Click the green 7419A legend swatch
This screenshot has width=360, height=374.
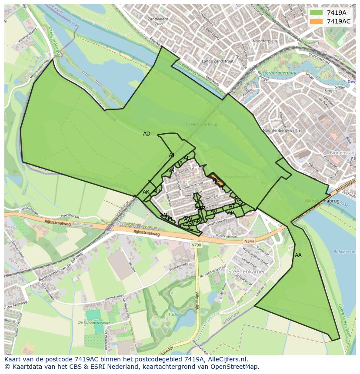[316, 13]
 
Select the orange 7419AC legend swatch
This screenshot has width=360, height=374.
[316, 21]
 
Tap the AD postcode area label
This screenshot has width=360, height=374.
[147, 134]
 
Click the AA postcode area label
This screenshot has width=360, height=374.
[298, 255]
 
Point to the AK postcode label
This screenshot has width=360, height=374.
[146, 192]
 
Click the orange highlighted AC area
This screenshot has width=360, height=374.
[217, 180]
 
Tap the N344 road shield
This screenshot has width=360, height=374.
[249, 242]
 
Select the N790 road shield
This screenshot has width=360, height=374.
[196, 245]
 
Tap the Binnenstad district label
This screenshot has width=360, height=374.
[342, 153]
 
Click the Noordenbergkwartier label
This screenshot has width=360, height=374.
[283, 130]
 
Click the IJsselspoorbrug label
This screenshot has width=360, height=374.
[201, 125]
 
